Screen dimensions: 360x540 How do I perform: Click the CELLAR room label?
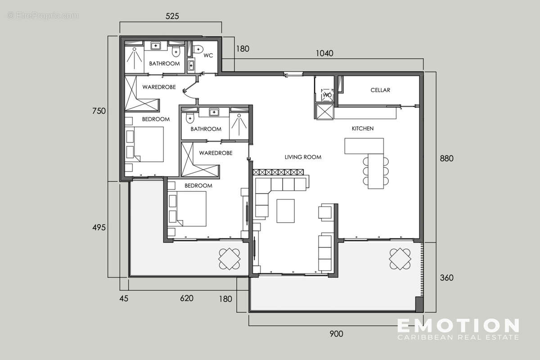pyautogui.click(x=380, y=90)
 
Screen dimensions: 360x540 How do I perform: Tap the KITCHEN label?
pyautogui.click(x=362, y=129)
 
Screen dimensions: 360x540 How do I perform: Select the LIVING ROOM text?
pyautogui.click(x=303, y=157)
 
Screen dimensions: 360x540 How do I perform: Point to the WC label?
pyautogui.click(x=208, y=56)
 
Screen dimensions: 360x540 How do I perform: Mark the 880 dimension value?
pyautogui.click(x=446, y=158)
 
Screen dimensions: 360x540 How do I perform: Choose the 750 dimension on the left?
pyautogui.click(x=99, y=111)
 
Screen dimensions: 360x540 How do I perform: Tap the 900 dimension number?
pyautogui.click(x=336, y=334)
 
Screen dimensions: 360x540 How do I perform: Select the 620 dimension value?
pyautogui.click(x=186, y=298)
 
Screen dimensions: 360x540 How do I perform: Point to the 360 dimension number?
pyautogui.click(x=446, y=278)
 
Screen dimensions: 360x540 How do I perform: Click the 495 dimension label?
pyautogui.click(x=99, y=228)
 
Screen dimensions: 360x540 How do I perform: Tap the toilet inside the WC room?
pyautogui.click(x=198, y=49)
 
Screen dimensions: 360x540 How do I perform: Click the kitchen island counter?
pyautogui.click(x=364, y=146)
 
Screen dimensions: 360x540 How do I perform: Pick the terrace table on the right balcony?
pyautogui.click(x=400, y=259)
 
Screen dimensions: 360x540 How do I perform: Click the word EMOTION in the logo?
pyautogui.click(x=458, y=325)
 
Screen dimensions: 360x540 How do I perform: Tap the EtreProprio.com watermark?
pyautogui.click(x=43, y=16)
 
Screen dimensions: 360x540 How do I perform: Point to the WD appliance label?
pyautogui.click(x=327, y=95)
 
